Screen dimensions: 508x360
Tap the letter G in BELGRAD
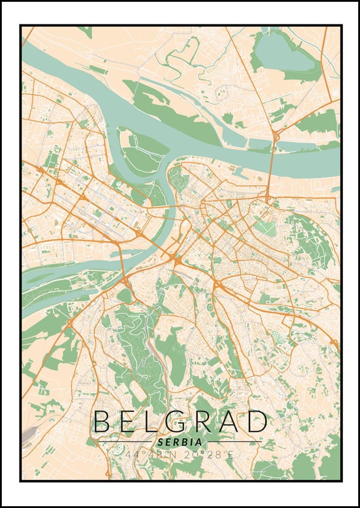click(166, 421)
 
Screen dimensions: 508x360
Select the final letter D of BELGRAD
click(256, 421)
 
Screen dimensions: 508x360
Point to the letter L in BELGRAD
click(146, 421)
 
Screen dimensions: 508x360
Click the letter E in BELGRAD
click(125, 421)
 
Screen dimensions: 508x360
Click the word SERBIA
click(179, 442)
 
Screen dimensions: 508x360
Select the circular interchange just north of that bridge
click(277, 137)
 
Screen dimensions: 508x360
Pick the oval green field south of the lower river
click(124, 295)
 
